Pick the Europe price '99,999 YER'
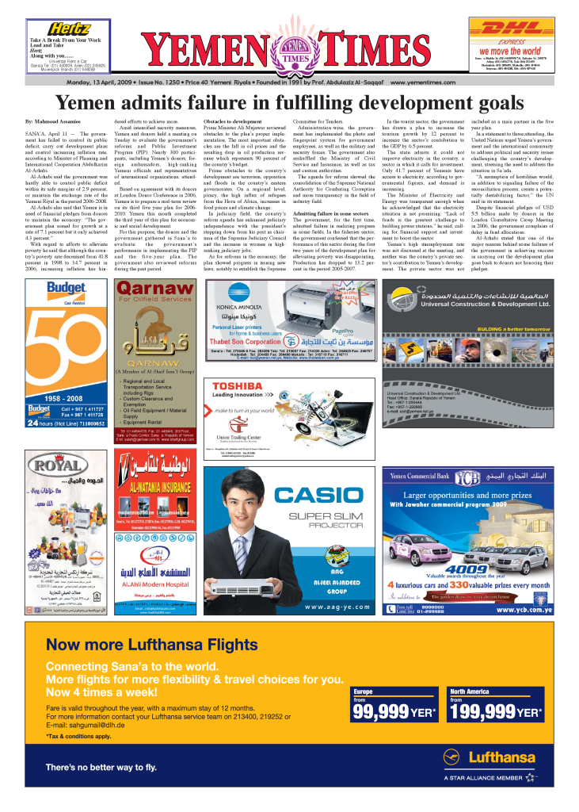394,711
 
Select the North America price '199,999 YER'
495,711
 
